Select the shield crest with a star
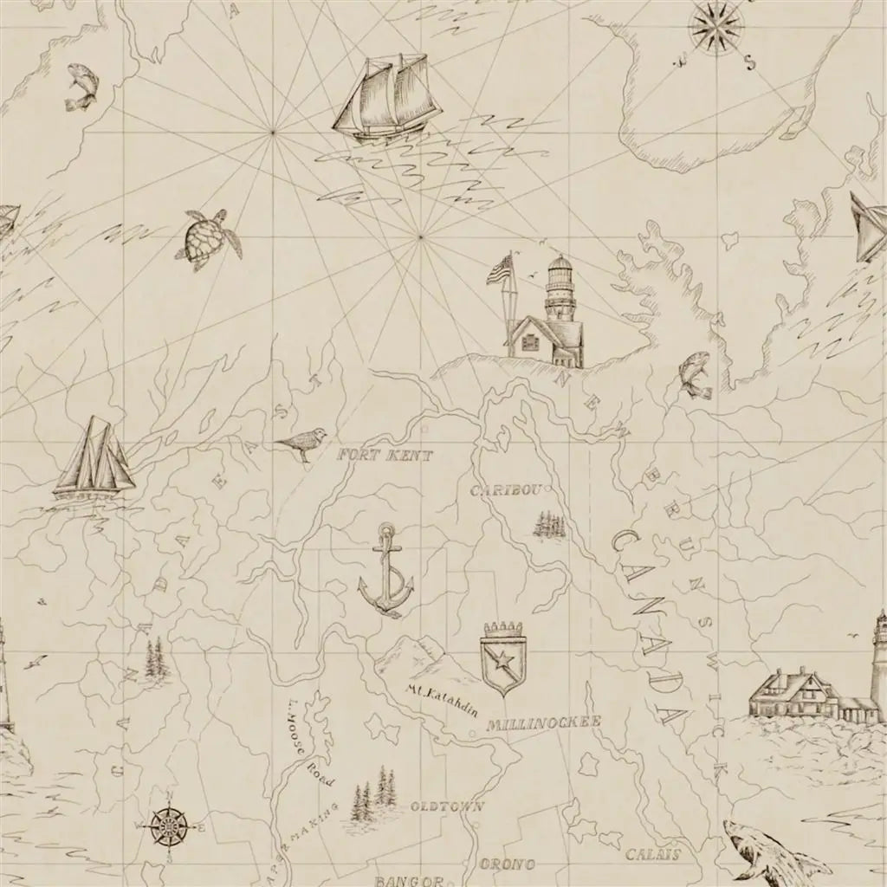pos(502,657)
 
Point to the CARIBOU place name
pos(506,491)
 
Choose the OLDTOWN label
pos(446,806)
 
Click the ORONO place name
pos(508,864)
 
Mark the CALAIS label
pos(652,855)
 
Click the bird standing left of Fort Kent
pos(302,443)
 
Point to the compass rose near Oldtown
pos(169,825)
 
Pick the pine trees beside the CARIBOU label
pos(549,524)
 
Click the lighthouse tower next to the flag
pos(560,299)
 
